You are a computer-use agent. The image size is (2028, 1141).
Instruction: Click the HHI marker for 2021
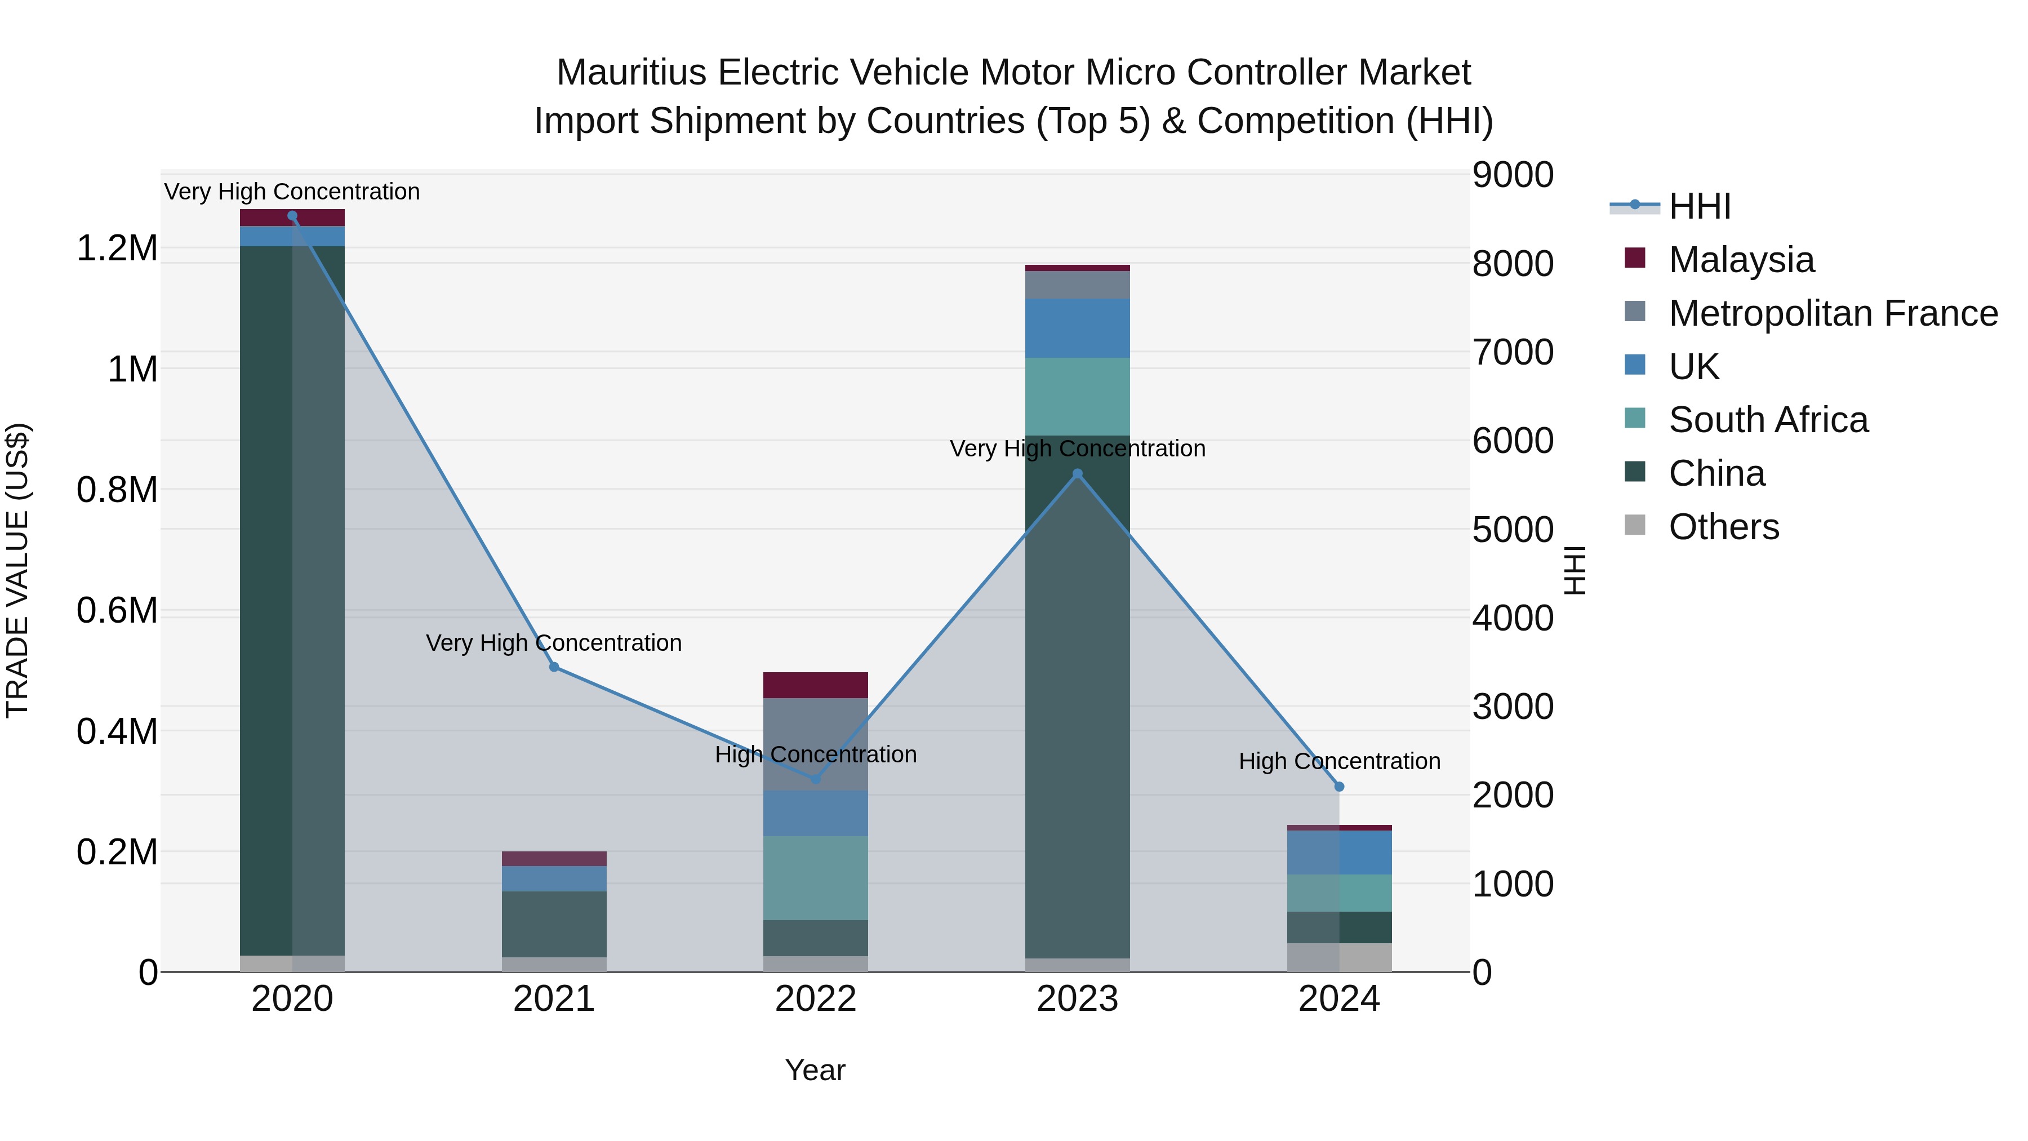(554, 667)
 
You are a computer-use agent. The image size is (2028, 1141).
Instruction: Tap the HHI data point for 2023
(1078, 474)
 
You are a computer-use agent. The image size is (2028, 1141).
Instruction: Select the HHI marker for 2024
(1339, 787)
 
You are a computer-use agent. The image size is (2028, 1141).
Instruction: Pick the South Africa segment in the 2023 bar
(1078, 397)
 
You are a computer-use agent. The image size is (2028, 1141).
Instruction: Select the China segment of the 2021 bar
(554, 924)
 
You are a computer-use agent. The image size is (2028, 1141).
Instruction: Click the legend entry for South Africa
(1767, 420)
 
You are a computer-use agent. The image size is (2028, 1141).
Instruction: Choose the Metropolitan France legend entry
(1833, 313)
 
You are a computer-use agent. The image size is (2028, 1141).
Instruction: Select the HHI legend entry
(1699, 206)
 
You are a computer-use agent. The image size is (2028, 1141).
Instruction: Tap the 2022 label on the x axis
(816, 999)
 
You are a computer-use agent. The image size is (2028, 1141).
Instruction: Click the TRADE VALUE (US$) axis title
(17, 570)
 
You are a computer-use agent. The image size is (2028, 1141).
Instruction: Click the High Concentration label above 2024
(1339, 761)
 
